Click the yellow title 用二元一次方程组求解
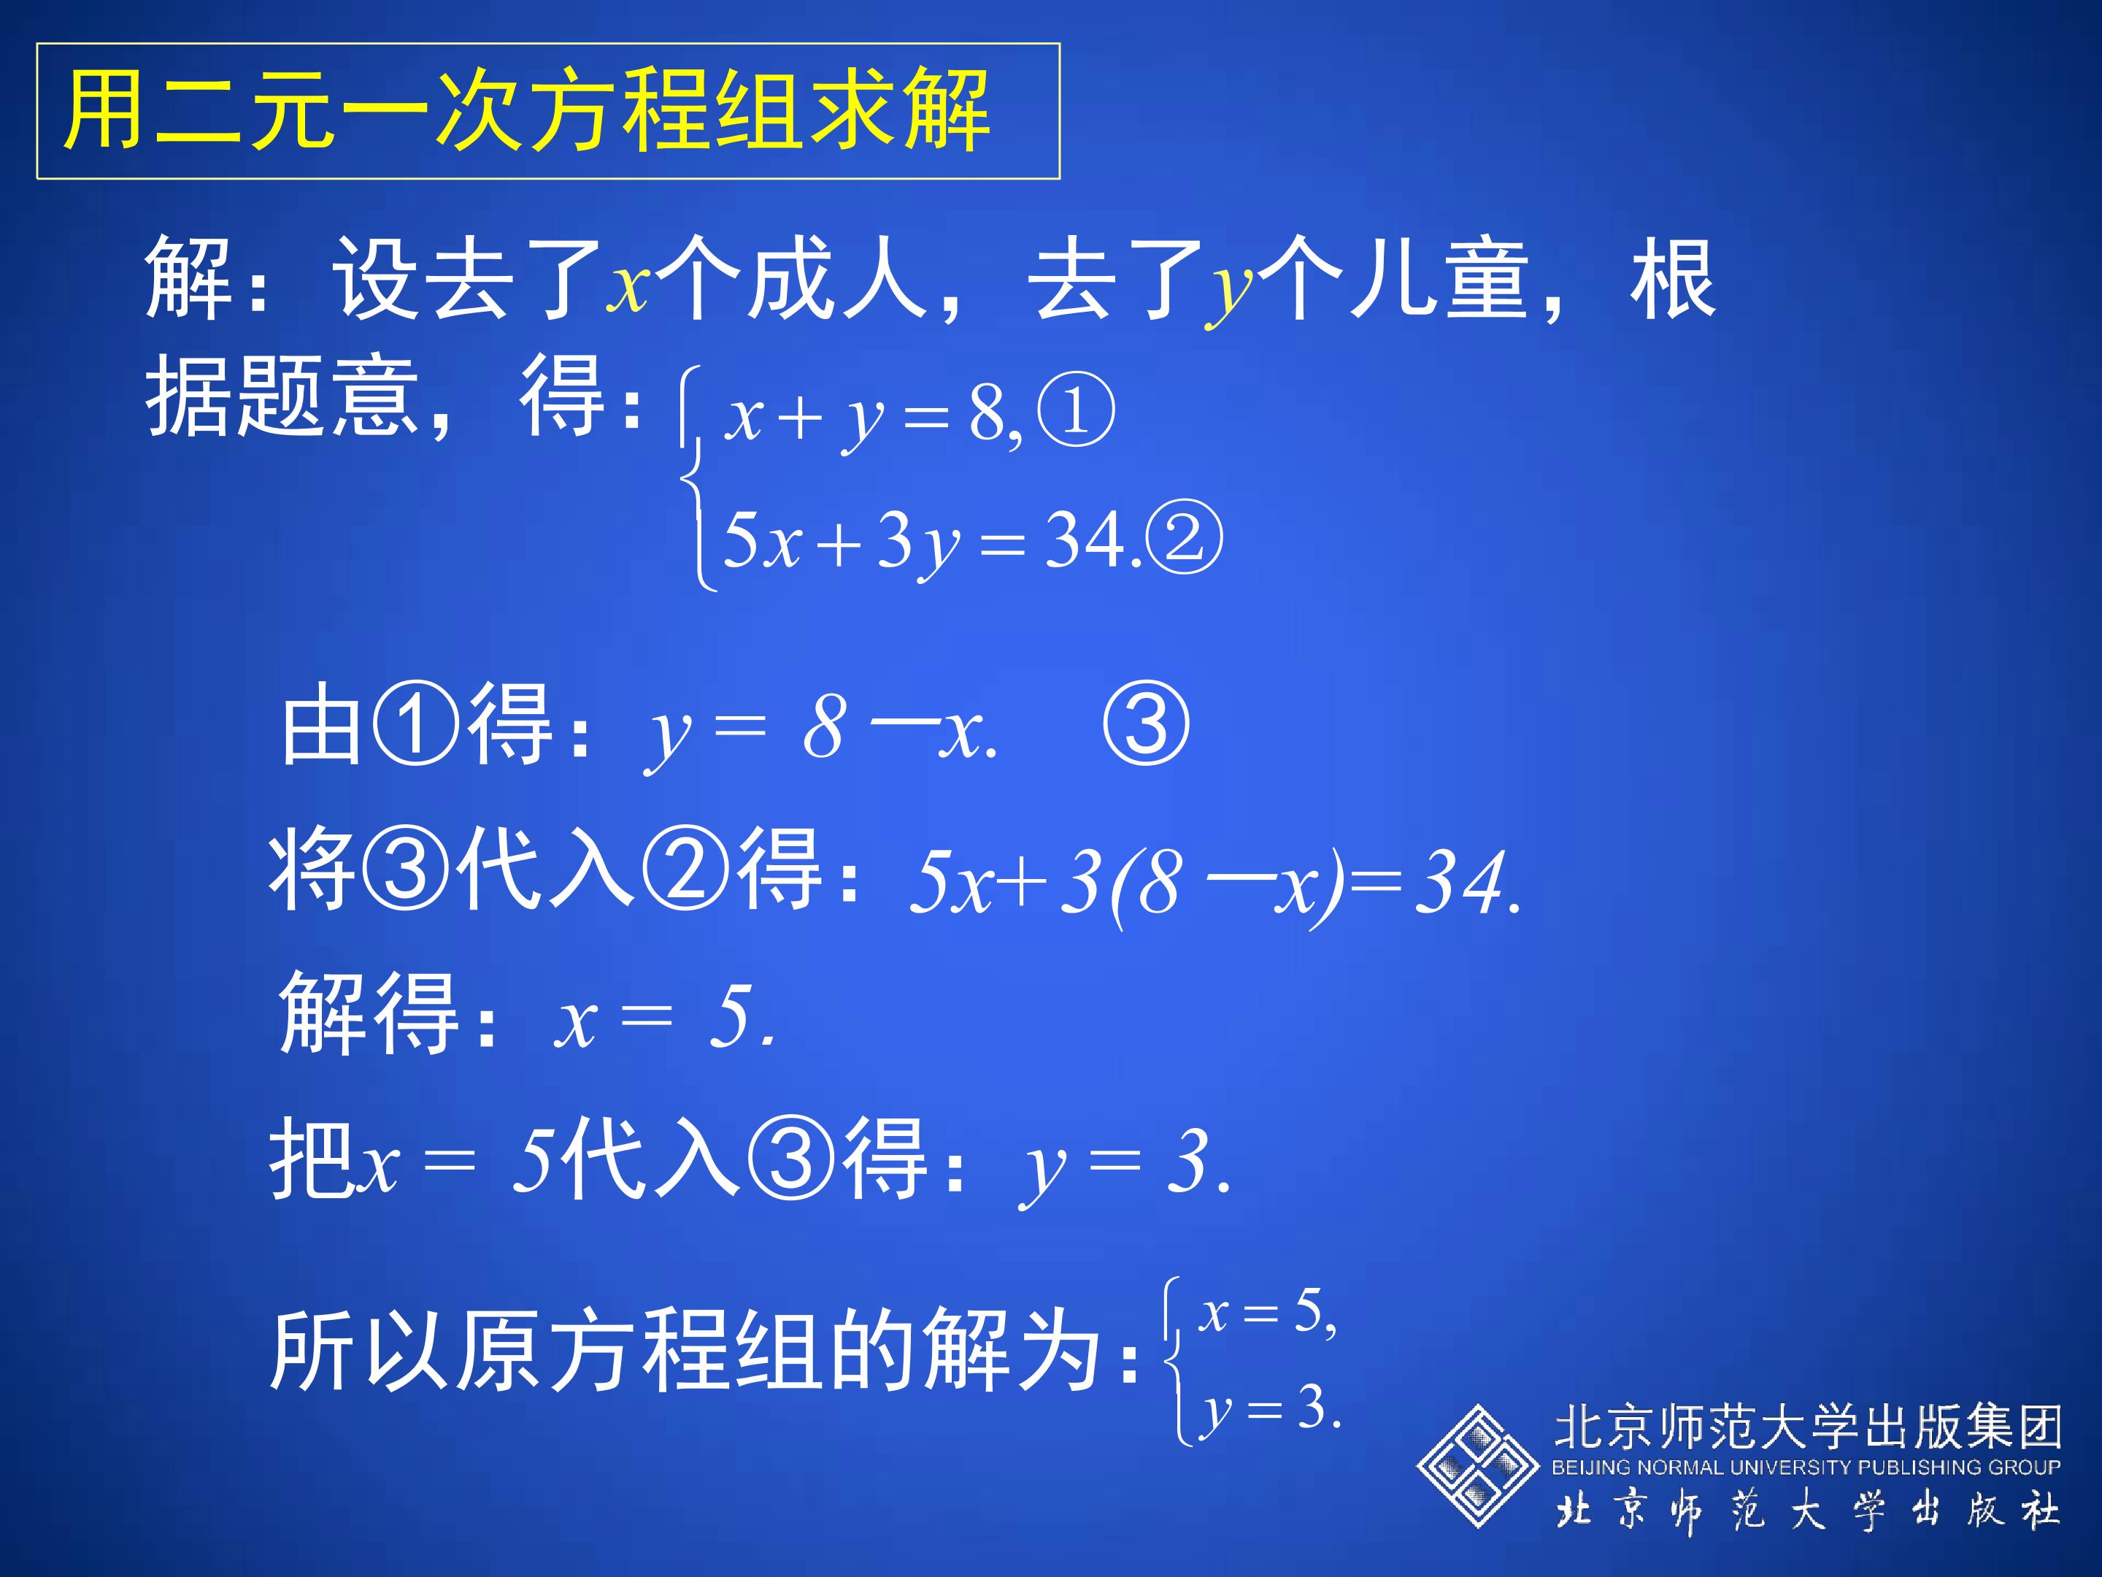click(528, 111)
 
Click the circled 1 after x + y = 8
click(1076, 412)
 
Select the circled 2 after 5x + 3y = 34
click(1184, 538)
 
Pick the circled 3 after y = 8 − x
click(1145, 726)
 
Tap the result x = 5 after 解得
click(664, 1018)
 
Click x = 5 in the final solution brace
click(1267, 1313)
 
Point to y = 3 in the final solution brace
click(1269, 1408)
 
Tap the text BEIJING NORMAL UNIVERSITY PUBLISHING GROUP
click(1806, 1467)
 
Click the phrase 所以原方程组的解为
click(684, 1351)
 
